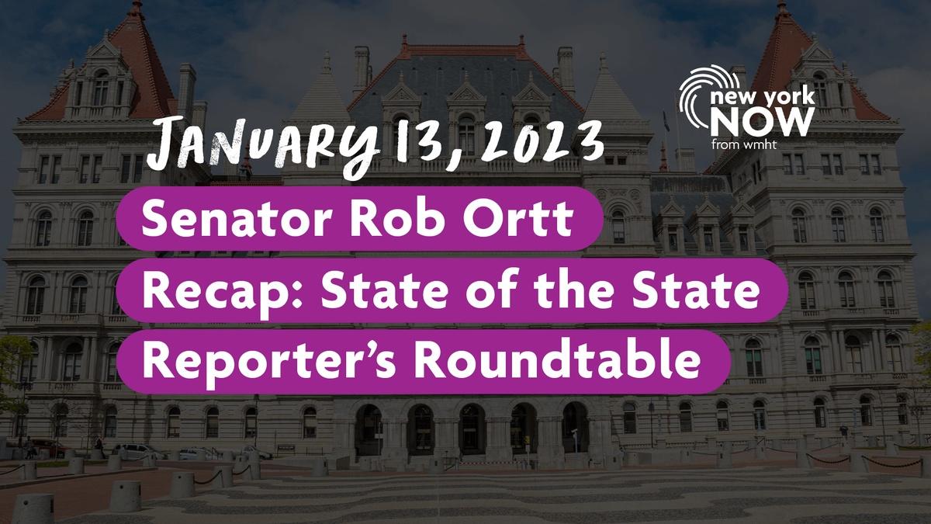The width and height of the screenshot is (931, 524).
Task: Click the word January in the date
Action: click(263, 146)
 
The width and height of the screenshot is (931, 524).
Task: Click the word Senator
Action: click(237, 219)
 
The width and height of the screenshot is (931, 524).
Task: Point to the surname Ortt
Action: click(518, 218)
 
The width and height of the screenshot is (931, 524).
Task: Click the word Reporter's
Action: click(268, 362)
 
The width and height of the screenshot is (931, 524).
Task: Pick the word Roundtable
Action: click(556, 359)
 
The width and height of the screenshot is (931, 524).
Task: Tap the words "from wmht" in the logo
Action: click(738, 144)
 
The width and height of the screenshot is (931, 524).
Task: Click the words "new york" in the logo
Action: click(763, 97)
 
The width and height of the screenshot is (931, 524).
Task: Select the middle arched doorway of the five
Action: click(472, 429)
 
